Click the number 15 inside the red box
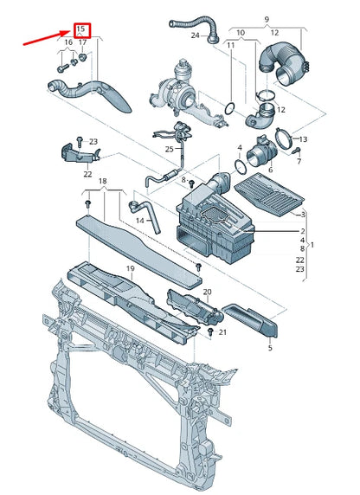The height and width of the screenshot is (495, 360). pos(81,29)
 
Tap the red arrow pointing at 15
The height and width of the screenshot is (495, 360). pos(47,38)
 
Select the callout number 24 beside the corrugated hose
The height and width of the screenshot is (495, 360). pos(196,35)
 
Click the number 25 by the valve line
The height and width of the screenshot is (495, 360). pos(170,149)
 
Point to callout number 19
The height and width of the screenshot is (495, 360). pos(131,268)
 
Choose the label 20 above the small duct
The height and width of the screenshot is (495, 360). pos(207,292)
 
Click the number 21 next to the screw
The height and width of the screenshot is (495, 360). pos(222,332)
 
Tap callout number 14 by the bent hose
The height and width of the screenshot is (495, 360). pos(140,221)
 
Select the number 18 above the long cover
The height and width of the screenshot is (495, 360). pos(103,181)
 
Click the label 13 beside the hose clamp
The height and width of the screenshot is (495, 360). pos(303,139)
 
